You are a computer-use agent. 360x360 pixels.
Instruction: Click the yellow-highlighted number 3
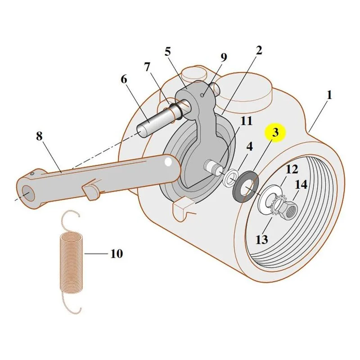(x=275, y=133)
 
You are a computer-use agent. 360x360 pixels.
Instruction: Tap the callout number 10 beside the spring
(x=117, y=254)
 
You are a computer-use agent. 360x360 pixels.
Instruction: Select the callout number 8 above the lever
(x=39, y=136)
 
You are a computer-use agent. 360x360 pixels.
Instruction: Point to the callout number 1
(x=329, y=95)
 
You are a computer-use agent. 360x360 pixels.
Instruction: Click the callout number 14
(x=301, y=184)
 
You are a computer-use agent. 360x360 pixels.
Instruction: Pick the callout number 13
(x=262, y=240)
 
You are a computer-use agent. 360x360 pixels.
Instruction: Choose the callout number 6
(x=124, y=80)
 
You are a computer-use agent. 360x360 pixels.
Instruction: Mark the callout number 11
(x=246, y=121)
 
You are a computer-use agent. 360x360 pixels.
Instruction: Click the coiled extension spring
(x=72, y=262)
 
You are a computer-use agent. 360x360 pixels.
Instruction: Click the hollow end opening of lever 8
(x=28, y=193)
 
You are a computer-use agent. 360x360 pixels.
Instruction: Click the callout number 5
(x=168, y=52)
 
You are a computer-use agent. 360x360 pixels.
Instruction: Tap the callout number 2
(x=259, y=50)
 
